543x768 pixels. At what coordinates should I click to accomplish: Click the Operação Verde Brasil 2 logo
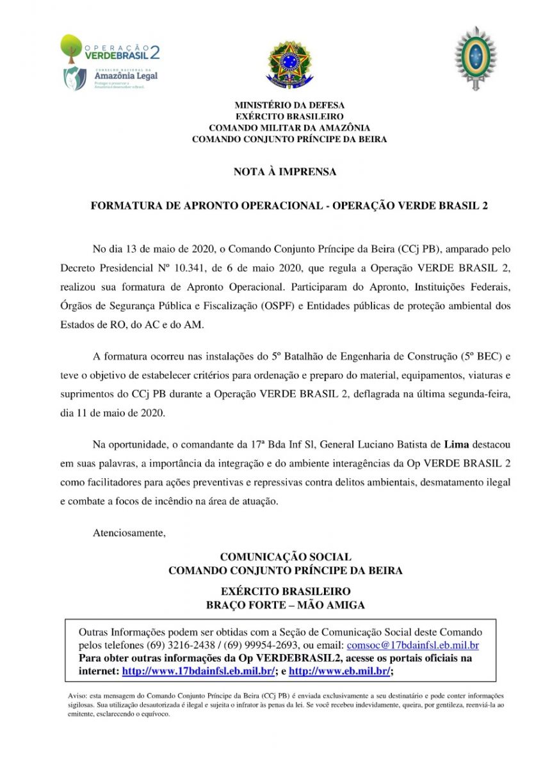click(109, 49)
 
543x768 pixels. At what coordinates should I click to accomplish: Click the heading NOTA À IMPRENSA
click(285, 172)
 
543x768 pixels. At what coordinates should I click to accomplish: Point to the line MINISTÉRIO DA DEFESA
click(289, 104)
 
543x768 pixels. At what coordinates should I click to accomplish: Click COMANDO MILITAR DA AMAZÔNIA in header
click(289, 127)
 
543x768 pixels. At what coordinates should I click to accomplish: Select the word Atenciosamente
click(129, 532)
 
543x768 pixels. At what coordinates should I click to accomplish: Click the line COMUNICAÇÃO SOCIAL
click(286, 557)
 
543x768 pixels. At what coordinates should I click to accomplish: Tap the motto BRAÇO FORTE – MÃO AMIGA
click(286, 605)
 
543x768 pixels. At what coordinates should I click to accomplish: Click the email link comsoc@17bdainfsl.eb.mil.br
click(412, 646)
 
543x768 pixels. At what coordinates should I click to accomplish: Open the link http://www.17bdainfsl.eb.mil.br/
click(199, 671)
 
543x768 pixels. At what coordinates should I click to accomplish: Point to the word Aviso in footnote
click(76, 695)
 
